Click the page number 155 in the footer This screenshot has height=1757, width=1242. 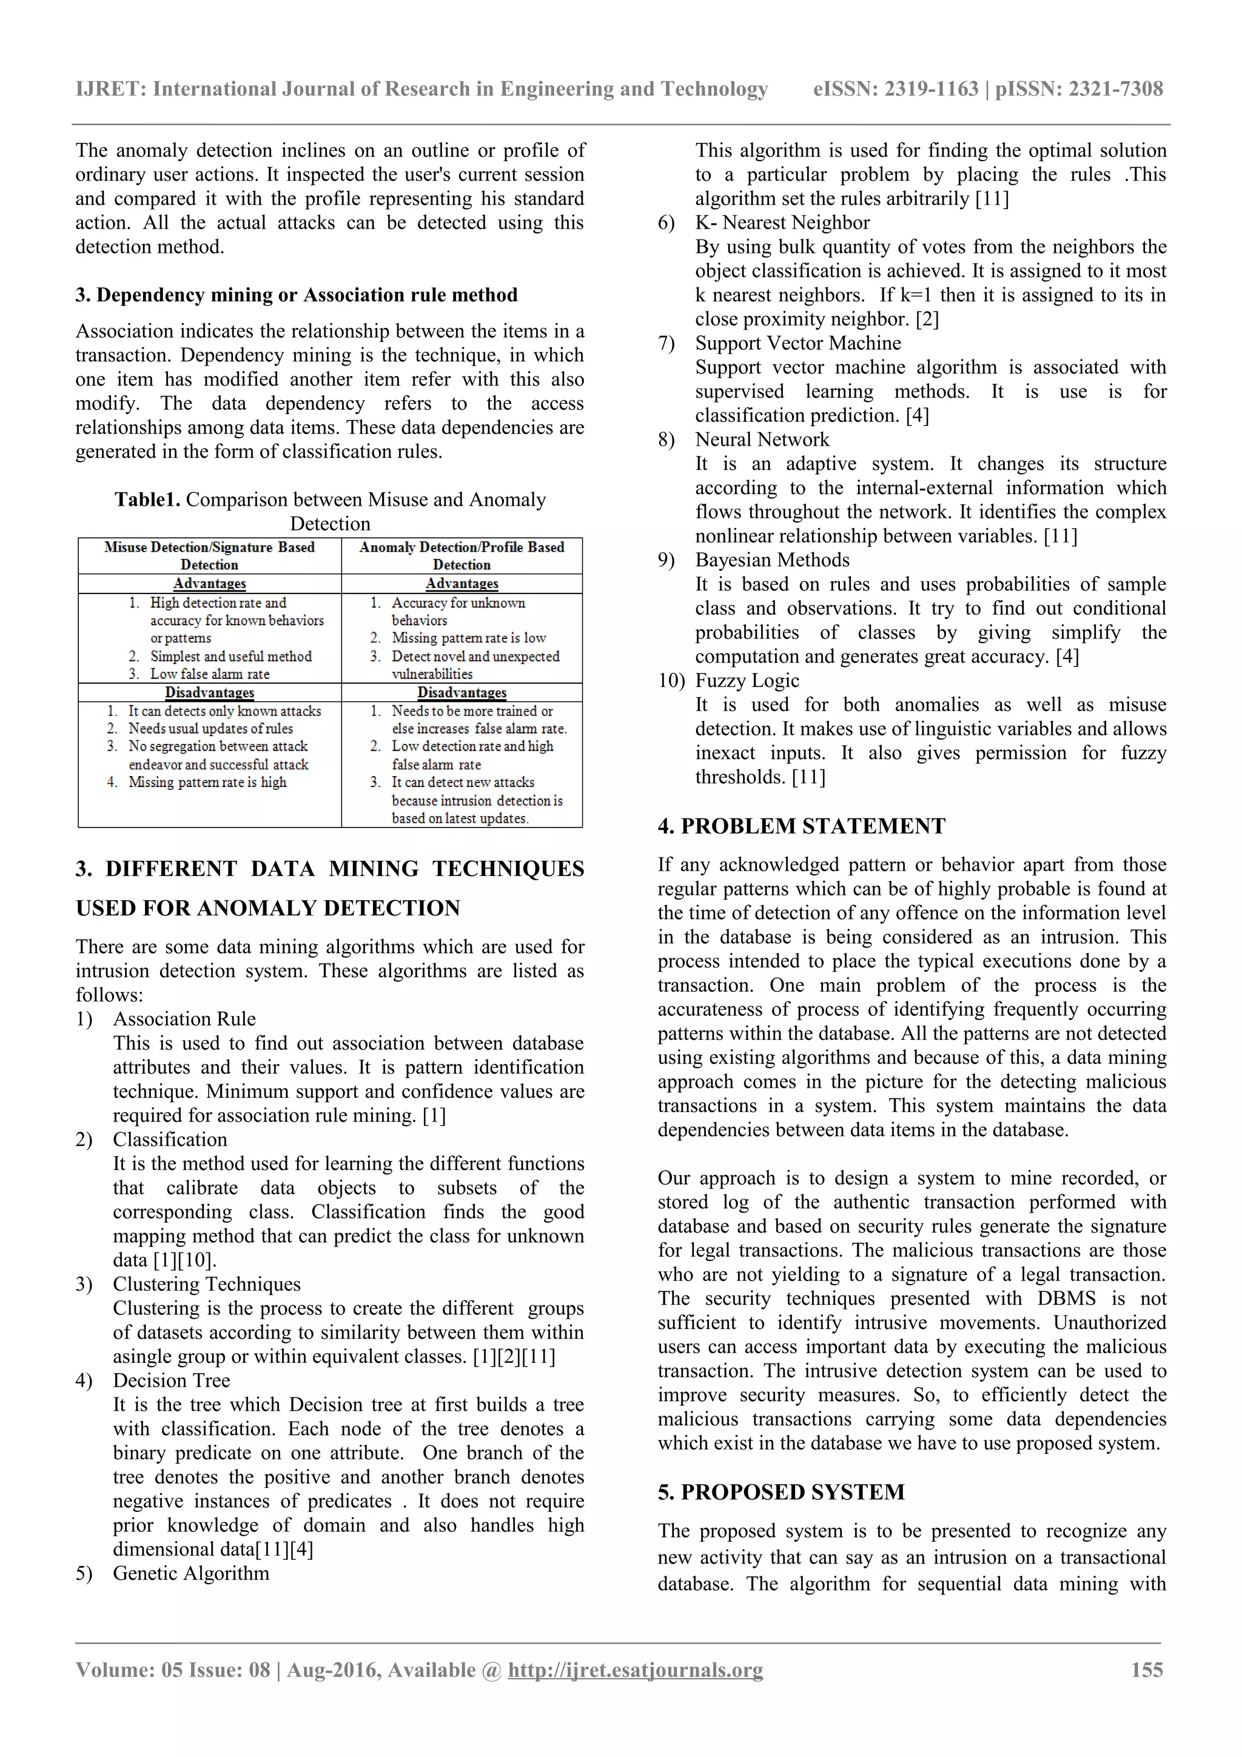pos(1146,1669)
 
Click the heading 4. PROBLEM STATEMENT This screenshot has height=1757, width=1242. pos(801,826)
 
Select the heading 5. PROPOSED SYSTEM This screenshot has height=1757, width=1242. pos(780,1491)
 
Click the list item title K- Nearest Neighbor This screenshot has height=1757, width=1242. pos(782,223)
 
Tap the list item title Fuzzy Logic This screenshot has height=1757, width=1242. pos(747,680)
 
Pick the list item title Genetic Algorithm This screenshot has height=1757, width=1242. pos(190,1573)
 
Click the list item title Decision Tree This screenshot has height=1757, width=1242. pos(172,1380)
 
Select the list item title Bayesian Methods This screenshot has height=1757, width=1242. pos(772,560)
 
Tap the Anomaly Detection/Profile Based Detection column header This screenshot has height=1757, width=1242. pos(462,555)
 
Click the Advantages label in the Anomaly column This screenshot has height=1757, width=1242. pos(462,584)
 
